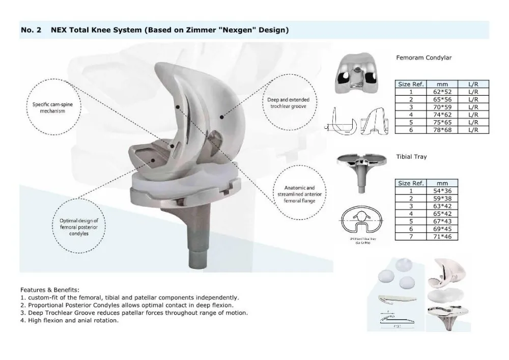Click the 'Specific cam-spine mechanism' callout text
[x=46, y=107]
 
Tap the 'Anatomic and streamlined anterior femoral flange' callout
[x=301, y=194]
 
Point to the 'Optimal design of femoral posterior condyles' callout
[x=78, y=227]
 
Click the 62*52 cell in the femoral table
[x=438, y=91]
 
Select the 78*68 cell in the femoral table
[x=438, y=130]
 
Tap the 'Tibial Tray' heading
[x=411, y=157]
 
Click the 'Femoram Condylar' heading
[x=423, y=58]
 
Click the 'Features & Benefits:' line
[x=50, y=289]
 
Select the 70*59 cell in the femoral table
[x=438, y=107]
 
